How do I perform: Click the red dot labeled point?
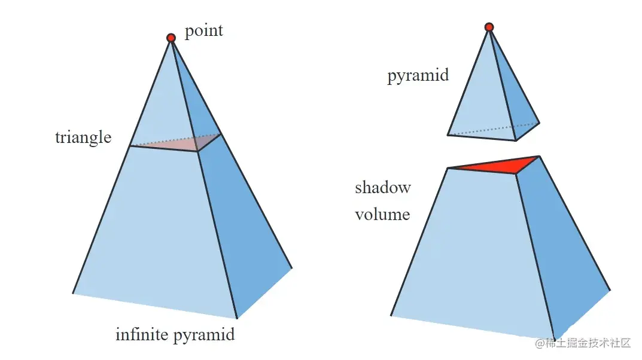point(171,38)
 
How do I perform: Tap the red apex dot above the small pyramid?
point(489,27)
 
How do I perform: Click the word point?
point(203,30)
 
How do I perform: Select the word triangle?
point(83,138)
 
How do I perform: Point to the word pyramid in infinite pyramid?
point(204,335)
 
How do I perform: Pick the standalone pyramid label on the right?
point(418,76)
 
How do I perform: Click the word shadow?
point(383,188)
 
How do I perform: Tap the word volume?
point(382,214)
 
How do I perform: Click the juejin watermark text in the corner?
point(583,343)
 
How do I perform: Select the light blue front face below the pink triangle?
point(156,233)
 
